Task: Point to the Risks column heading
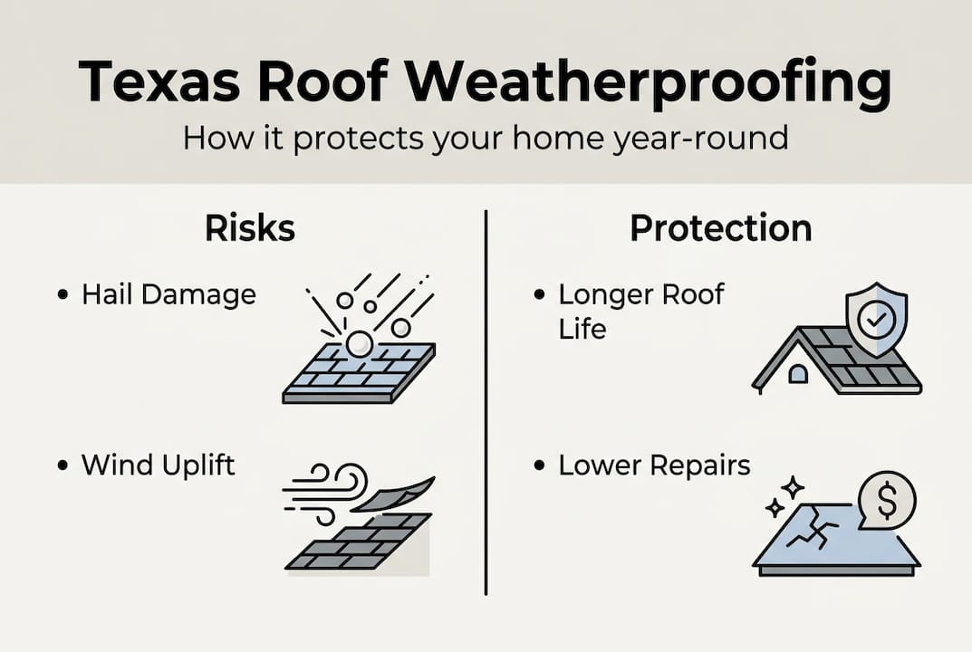click(250, 228)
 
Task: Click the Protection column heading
click(720, 228)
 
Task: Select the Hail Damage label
click(168, 294)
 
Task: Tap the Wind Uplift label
click(158, 465)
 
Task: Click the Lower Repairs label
click(654, 465)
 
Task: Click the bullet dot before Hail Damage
click(62, 295)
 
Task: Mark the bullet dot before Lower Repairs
click(539, 466)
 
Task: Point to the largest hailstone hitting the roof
click(360, 344)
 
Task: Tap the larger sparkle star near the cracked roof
click(793, 487)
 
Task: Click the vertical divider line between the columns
click(486, 403)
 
